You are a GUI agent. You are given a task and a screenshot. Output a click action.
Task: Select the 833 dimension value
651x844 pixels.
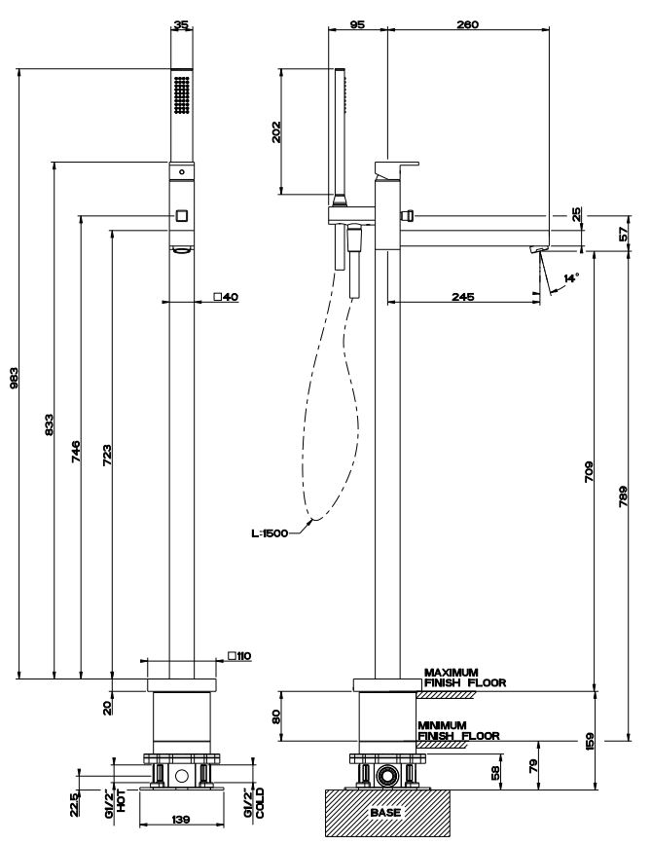tap(48, 424)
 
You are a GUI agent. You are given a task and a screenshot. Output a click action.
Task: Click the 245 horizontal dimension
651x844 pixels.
tap(463, 296)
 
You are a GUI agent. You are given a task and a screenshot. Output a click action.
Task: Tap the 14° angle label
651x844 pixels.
tap(571, 278)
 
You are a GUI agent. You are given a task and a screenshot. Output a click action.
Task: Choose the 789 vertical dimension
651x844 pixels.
tap(622, 496)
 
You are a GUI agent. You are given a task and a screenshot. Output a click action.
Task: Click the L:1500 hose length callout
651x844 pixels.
tap(269, 532)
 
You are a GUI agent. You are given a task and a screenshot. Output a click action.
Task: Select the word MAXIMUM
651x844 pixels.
tap(452, 673)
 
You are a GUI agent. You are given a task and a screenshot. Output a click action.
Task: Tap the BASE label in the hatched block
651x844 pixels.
tap(385, 811)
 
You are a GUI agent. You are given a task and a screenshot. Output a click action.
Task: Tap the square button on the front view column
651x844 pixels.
tap(181, 215)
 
